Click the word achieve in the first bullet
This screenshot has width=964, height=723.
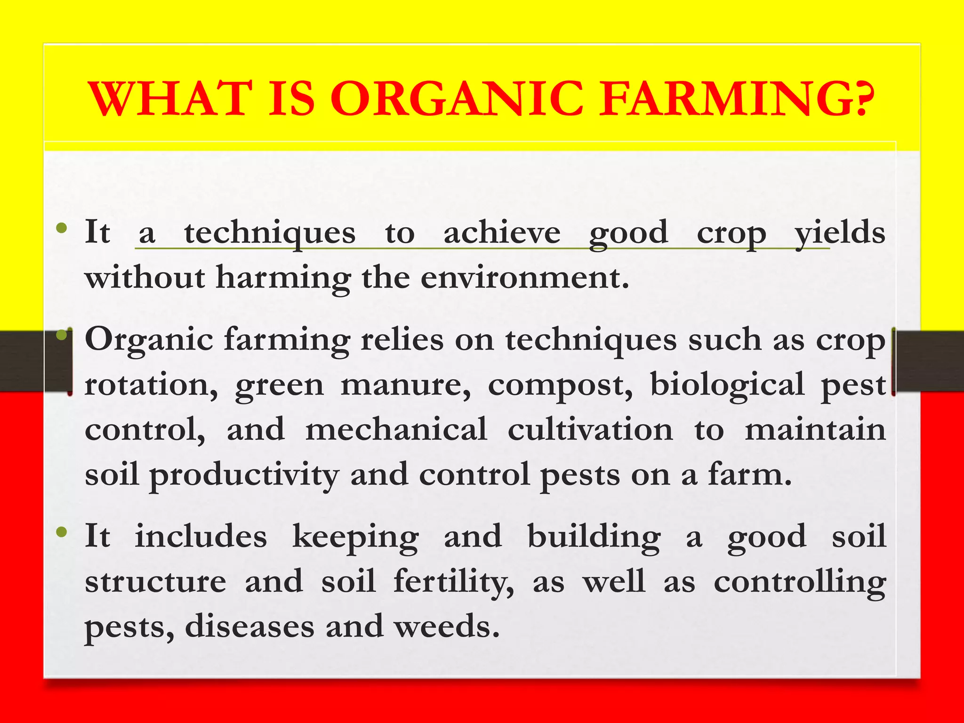point(502,233)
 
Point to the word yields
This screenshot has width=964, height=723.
point(840,233)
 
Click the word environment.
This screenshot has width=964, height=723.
point(524,278)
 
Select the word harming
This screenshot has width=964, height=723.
point(283,278)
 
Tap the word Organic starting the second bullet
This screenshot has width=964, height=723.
point(149,340)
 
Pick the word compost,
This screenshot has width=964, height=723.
point(560,385)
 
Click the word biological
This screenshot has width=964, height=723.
point(727,385)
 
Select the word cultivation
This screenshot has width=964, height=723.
point(590,430)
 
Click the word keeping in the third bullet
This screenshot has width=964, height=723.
point(355,537)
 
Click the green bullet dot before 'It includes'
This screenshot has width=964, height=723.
point(61,532)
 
